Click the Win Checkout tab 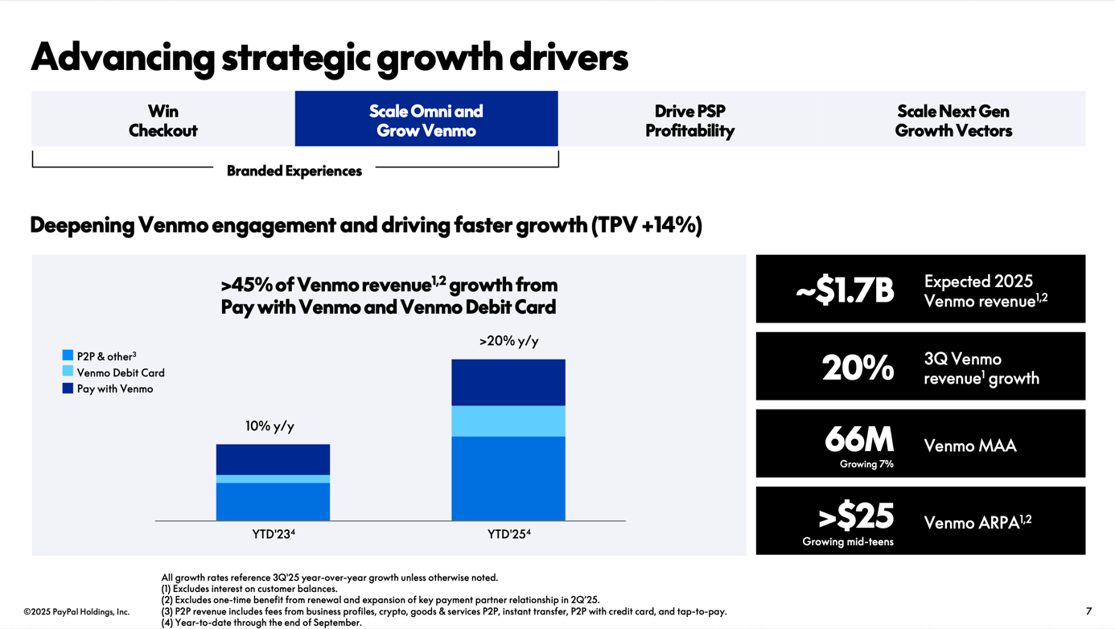163,120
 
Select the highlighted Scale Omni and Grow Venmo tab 426,120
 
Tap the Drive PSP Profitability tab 689,120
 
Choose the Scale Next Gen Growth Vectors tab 953,120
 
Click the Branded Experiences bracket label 294,171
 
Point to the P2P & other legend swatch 68,356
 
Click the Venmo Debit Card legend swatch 68,372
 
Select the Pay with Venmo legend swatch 68,388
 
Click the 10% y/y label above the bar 269,426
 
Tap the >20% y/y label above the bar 508,341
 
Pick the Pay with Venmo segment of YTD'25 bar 508,382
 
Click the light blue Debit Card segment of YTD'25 508,421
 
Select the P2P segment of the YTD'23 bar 273,501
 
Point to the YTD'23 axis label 273,534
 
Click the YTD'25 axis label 508,534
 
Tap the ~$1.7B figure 845,290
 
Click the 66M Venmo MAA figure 859,440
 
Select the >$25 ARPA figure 856,516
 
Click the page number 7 1088,611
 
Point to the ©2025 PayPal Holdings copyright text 76,612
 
